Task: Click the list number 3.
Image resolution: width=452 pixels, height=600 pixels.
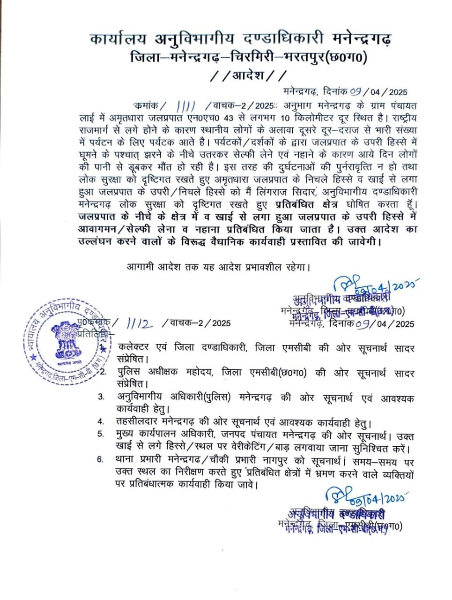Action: tap(101, 397)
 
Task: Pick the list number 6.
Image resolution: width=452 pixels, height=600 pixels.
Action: tap(100, 459)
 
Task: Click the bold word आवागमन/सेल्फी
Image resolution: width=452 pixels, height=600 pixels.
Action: tap(121, 230)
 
